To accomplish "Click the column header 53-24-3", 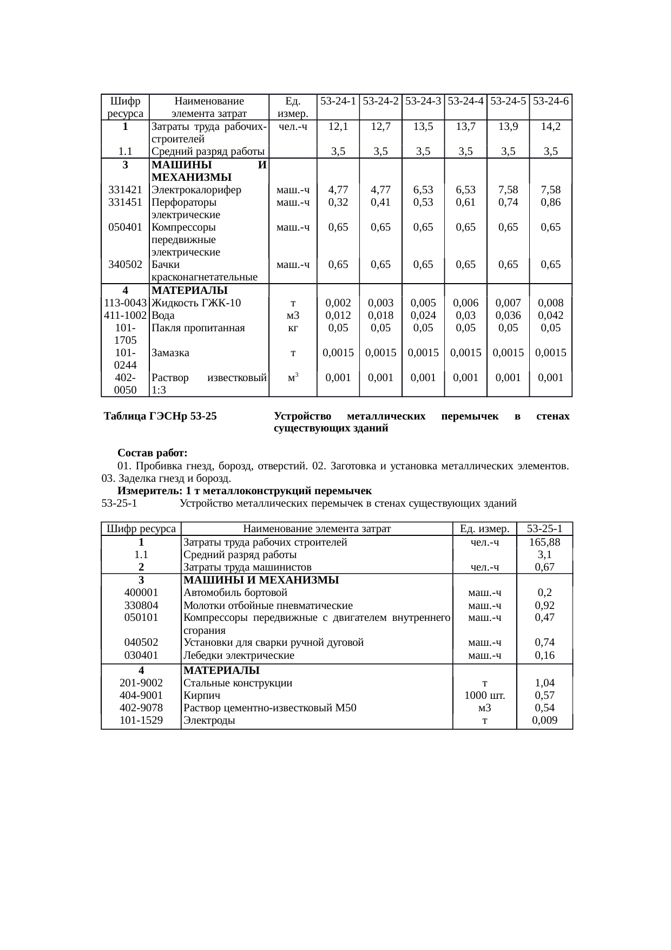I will tap(423, 101).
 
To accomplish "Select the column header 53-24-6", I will tap(551, 101).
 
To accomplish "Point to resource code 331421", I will tap(125, 190).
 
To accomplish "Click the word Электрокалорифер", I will tap(196, 190).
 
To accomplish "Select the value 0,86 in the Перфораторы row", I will tap(551, 202).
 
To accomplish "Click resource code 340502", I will tap(125, 265).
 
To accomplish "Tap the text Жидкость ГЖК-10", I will tap(196, 303).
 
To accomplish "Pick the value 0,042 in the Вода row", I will tap(551, 316).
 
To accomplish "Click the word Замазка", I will tap(170, 353).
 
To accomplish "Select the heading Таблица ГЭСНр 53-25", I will tap(161, 416).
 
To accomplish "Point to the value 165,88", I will tap(544, 542).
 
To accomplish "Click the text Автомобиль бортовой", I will tap(235, 593).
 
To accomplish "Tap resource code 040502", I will tap(141, 643).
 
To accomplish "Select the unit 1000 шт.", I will tap(485, 696).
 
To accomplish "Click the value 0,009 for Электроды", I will tap(544, 720).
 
